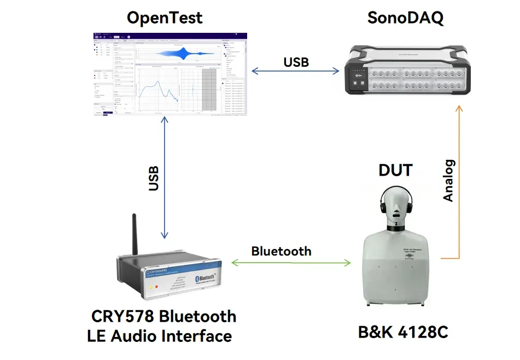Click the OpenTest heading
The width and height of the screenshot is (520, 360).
click(x=164, y=18)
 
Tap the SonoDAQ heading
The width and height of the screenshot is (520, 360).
click(x=405, y=18)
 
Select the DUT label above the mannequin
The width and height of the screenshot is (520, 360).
click(x=395, y=170)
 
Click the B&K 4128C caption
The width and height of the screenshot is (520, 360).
click(x=403, y=332)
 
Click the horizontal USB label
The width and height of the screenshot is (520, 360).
click(x=296, y=62)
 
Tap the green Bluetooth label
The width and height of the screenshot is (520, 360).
click(x=281, y=251)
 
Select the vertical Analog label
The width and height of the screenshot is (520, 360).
click(x=448, y=181)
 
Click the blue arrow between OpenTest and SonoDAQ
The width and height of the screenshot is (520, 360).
click(x=296, y=71)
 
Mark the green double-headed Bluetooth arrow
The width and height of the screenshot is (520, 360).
click(x=291, y=263)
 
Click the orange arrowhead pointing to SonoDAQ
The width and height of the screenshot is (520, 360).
click(x=459, y=109)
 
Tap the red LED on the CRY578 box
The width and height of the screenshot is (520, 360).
click(x=156, y=286)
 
